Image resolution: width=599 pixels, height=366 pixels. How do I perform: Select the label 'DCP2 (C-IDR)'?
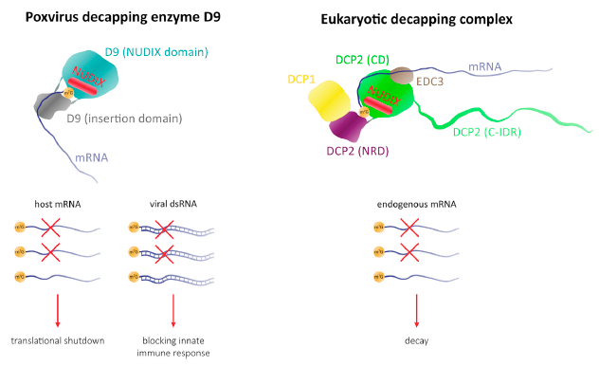[492, 132]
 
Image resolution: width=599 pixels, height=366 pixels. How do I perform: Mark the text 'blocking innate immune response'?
[172, 346]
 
